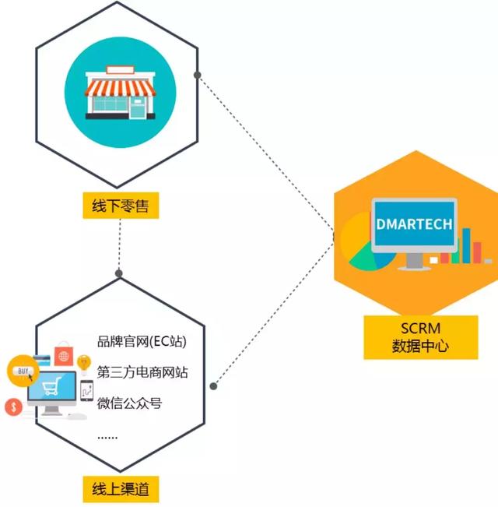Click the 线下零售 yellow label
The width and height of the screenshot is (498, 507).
pos(121,206)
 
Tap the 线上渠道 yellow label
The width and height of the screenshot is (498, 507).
pos(121,489)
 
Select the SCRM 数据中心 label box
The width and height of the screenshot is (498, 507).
pos(421,337)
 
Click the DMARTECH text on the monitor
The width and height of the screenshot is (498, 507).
pos(414,224)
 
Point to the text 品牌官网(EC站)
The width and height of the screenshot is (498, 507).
pos(142,341)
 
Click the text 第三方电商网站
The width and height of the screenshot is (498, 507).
pos(142,372)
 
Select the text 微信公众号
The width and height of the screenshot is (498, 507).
pos(129,403)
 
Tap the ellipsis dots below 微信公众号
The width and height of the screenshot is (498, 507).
pos(107,438)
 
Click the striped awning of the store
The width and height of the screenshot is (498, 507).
pos(120,88)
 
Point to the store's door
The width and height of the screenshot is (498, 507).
pos(138,108)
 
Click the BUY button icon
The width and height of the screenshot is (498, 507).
pos(23,371)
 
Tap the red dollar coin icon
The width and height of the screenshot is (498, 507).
pos(13,407)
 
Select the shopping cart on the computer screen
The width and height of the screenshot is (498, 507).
pos(51,386)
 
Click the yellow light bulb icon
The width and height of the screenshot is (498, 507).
pos(84,364)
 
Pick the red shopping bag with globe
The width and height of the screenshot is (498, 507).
pos(64,354)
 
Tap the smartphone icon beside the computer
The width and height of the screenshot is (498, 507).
pos(87,391)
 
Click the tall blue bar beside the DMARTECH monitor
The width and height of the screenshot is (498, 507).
pos(466,246)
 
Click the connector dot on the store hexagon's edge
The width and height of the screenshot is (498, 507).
pos(198,75)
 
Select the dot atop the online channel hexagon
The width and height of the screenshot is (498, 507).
pos(119,273)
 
